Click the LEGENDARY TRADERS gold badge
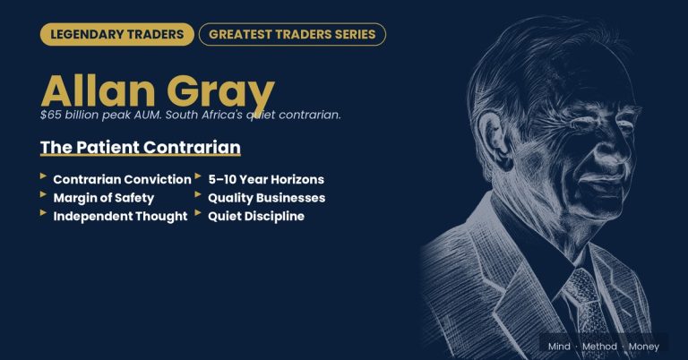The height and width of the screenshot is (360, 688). [117, 34]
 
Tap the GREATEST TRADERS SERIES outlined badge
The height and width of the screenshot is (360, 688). [292, 34]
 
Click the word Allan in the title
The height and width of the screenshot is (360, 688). [98, 90]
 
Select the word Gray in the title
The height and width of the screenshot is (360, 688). [220, 93]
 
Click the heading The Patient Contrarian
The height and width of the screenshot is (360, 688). [141, 148]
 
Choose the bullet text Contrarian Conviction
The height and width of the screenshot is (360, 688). [123, 179]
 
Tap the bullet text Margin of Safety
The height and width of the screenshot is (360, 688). [104, 198]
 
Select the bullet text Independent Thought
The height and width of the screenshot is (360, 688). [120, 216]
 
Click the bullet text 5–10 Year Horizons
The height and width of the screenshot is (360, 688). [266, 179]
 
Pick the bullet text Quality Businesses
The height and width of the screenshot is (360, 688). [267, 198]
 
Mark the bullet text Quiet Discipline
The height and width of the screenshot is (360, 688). [256, 216]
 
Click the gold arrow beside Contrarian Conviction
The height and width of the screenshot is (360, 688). [43, 176]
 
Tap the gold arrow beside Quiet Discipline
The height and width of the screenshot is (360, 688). [198, 212]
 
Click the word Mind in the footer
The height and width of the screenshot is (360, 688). [559, 347]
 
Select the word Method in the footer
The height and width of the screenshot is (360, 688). [599, 347]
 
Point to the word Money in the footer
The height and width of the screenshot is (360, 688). [644, 347]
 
